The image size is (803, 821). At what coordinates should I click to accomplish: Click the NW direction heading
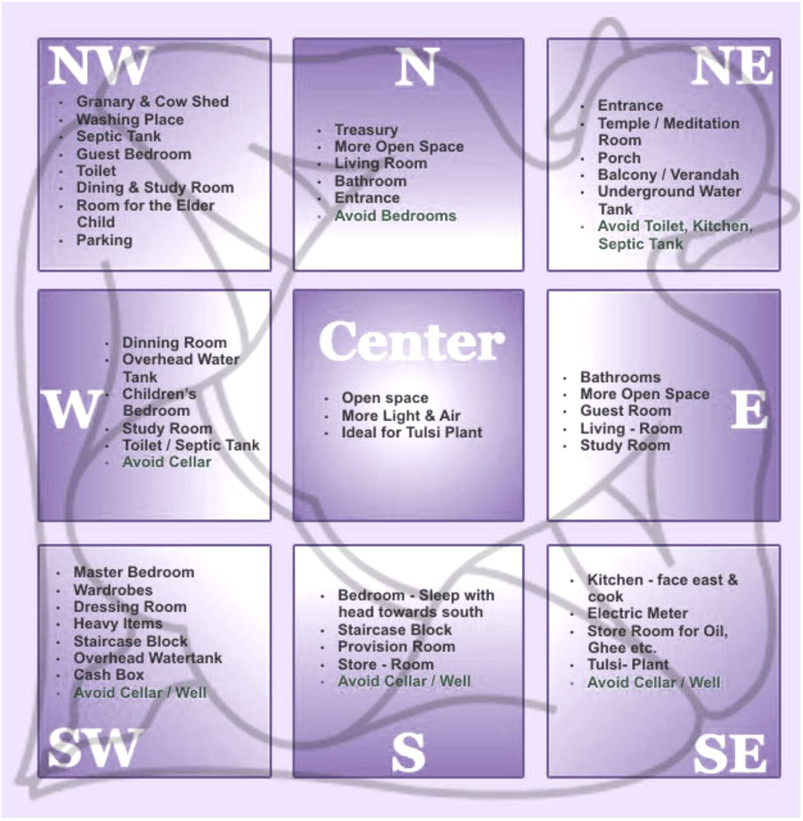tap(100, 66)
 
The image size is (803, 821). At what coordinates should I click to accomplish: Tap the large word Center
tap(412, 341)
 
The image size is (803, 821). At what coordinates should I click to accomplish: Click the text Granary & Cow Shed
tap(153, 102)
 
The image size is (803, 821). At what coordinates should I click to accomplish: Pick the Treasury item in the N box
tap(366, 130)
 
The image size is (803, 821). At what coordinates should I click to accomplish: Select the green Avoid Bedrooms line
tap(395, 216)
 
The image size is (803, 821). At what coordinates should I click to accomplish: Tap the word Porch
tap(619, 158)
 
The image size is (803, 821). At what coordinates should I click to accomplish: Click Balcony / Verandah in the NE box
tap(669, 174)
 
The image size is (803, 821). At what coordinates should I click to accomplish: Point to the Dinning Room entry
tap(174, 343)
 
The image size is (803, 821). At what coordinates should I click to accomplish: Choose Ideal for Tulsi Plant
tap(412, 433)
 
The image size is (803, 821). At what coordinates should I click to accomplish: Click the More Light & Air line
tap(401, 416)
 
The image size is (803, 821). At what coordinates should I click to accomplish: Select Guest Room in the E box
tap(625, 410)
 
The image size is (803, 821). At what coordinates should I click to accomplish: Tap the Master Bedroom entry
tap(134, 573)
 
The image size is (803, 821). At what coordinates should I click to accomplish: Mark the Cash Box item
tap(109, 675)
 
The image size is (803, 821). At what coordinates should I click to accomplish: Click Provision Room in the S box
tap(396, 647)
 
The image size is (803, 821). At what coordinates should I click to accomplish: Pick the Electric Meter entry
tap(638, 613)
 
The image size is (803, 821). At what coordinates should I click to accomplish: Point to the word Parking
tap(104, 241)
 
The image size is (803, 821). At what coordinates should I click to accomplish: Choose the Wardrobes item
tap(113, 590)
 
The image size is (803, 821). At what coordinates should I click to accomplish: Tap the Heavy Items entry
tap(117, 623)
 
